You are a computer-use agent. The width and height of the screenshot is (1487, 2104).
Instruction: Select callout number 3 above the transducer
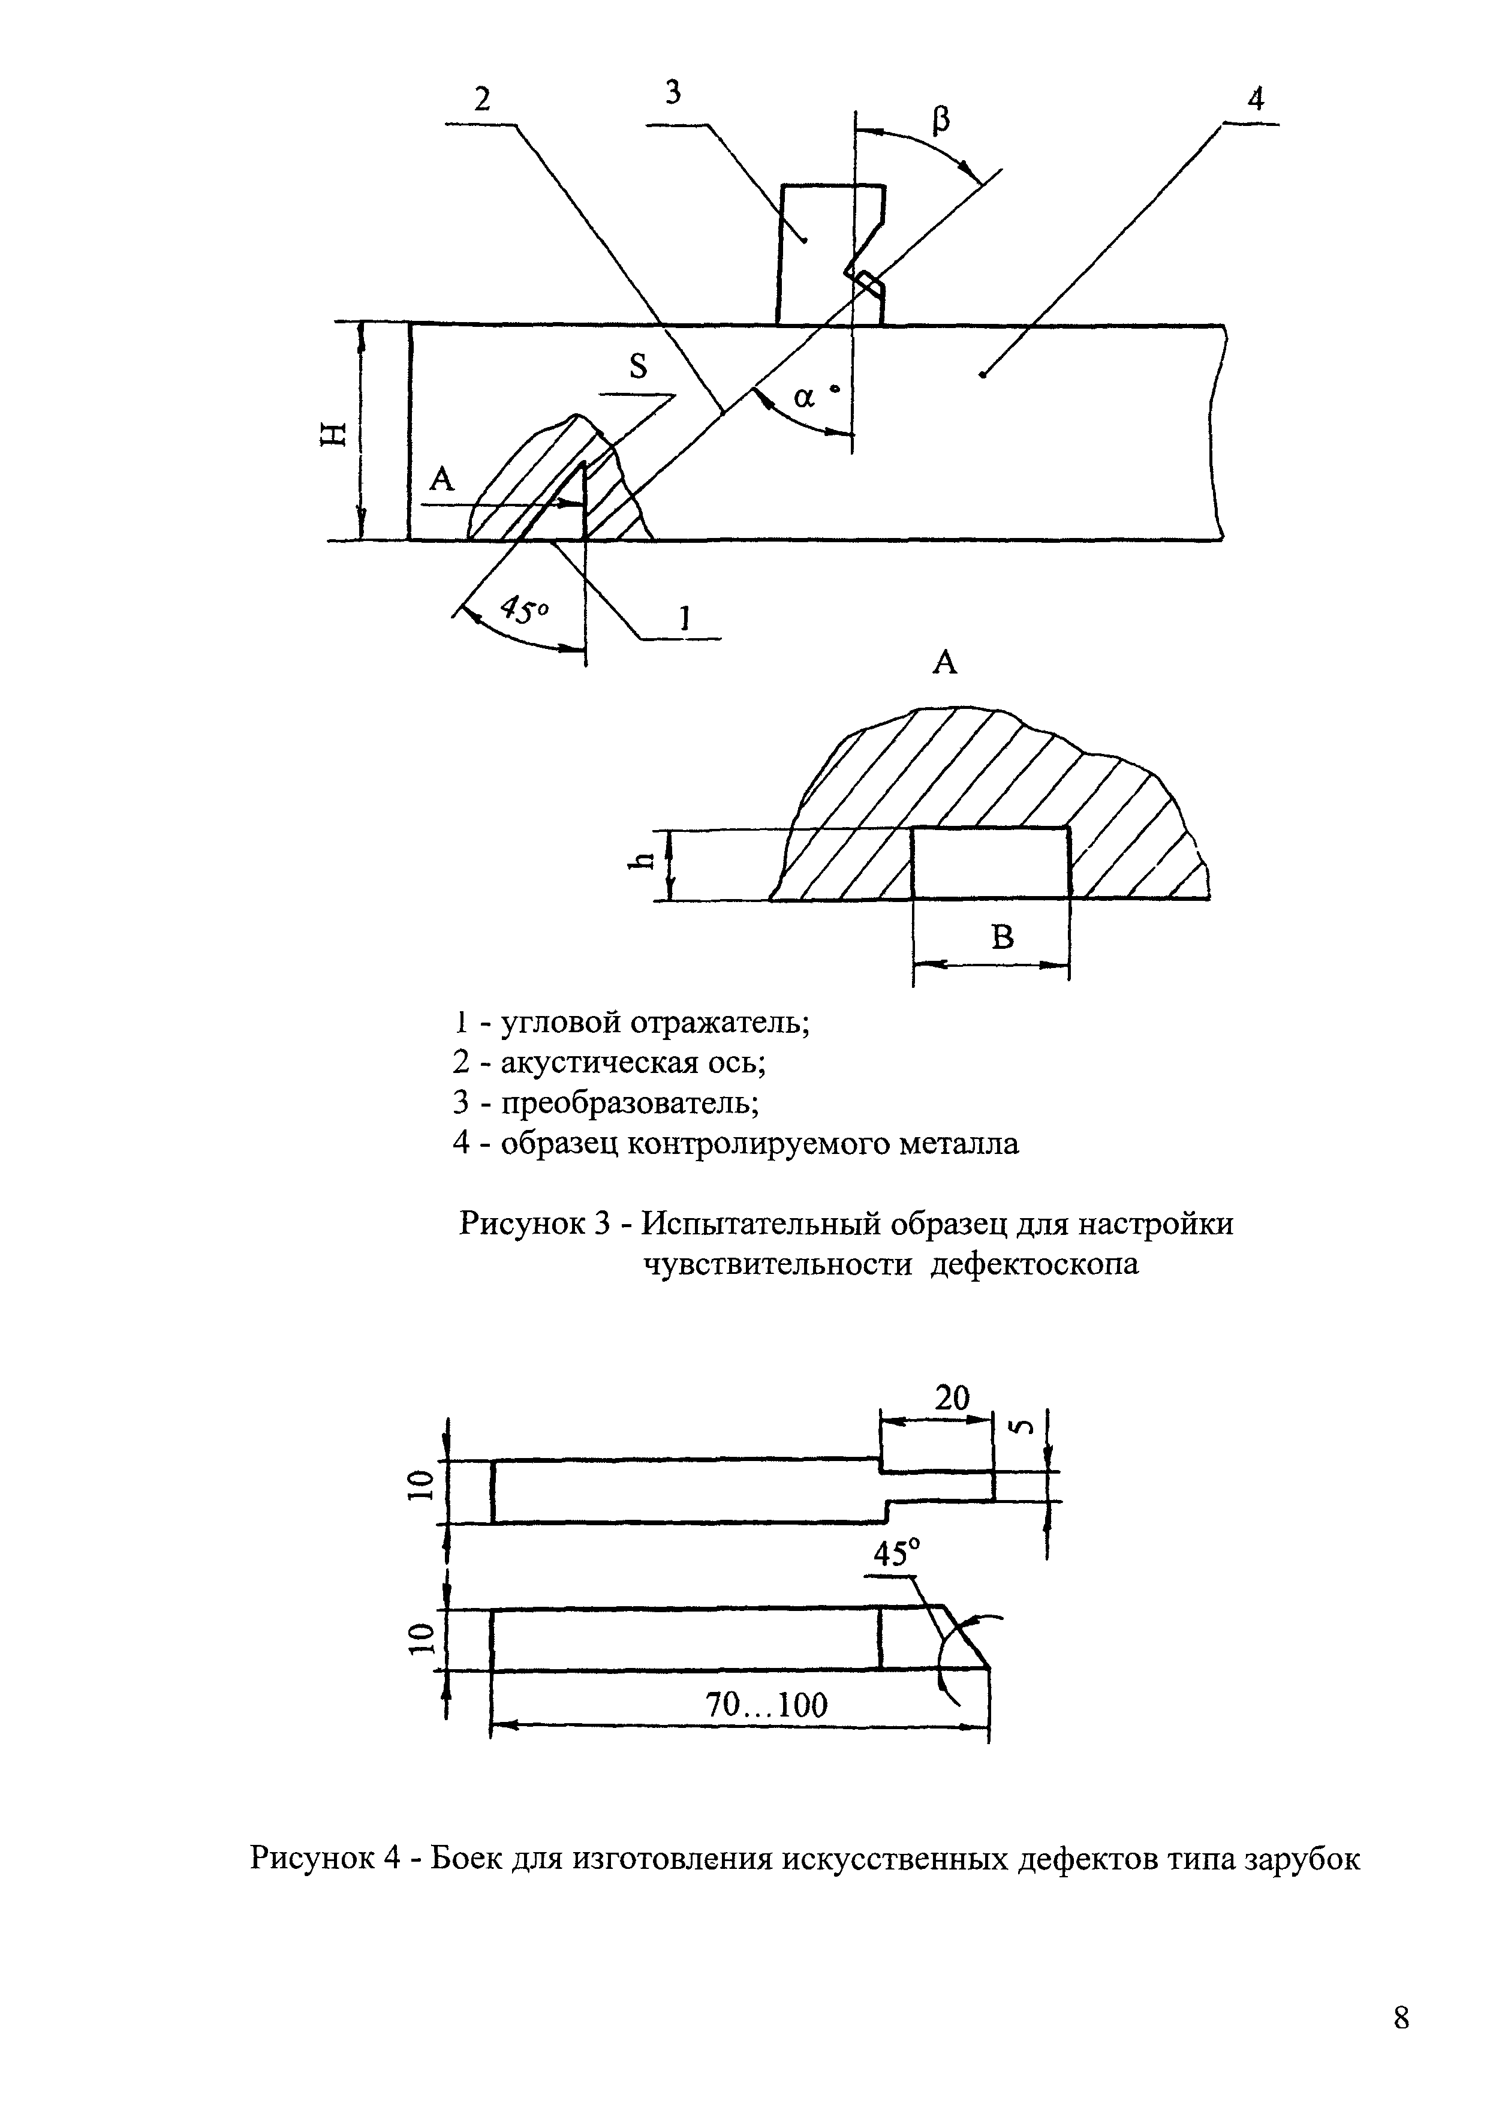pyautogui.click(x=673, y=92)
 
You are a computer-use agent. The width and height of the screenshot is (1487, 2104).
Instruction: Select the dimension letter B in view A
pyautogui.click(x=1004, y=936)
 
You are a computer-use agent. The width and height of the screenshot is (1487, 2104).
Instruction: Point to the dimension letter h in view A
pyautogui.click(x=647, y=859)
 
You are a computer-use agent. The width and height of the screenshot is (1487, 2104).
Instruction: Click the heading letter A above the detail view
pyautogui.click(x=944, y=662)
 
